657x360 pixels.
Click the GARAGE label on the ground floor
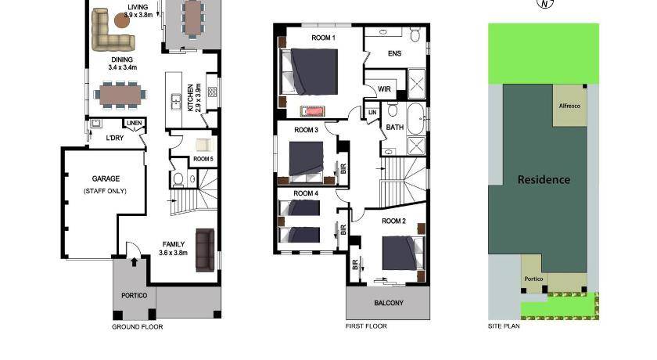tap(106, 178)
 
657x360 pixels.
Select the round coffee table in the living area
tap(122, 20)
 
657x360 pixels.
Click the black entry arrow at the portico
tap(134, 262)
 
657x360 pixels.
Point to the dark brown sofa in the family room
tap(205, 250)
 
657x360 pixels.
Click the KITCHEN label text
tap(191, 97)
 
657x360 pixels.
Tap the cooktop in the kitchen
tap(213, 92)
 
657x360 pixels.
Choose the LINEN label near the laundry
tap(134, 123)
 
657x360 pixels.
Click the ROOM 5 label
tap(203, 159)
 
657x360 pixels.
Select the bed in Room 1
tap(309, 72)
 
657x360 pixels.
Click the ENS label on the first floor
tap(395, 54)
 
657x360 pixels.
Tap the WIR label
tap(384, 89)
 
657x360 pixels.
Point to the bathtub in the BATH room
tap(416, 118)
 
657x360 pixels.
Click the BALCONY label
tap(389, 303)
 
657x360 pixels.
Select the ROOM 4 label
tap(306, 193)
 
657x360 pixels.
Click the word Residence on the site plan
tap(544, 180)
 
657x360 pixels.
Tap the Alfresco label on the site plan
tap(569, 106)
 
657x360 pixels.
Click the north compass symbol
tap(545, 3)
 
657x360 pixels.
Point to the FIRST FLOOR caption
tap(366, 326)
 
